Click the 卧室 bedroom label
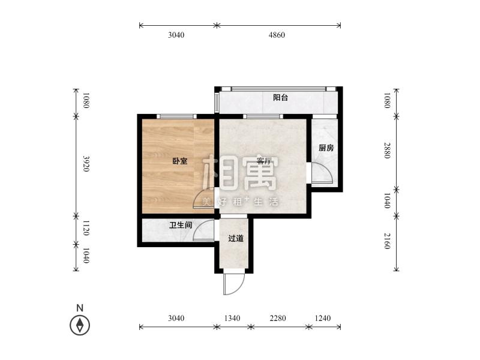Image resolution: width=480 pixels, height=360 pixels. (x=179, y=161)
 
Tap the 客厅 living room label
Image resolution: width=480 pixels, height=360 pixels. (x=265, y=161)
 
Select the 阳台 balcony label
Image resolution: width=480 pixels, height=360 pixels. (x=280, y=97)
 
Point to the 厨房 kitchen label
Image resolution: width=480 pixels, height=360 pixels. (x=326, y=148)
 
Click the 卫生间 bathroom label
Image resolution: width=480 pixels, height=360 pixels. (x=180, y=226)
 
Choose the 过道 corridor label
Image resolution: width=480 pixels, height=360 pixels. (x=236, y=238)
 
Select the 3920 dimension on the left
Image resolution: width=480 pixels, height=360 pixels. (x=86, y=164)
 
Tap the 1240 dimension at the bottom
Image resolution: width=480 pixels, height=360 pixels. (x=324, y=318)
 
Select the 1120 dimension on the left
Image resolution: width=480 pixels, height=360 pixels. (x=86, y=228)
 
